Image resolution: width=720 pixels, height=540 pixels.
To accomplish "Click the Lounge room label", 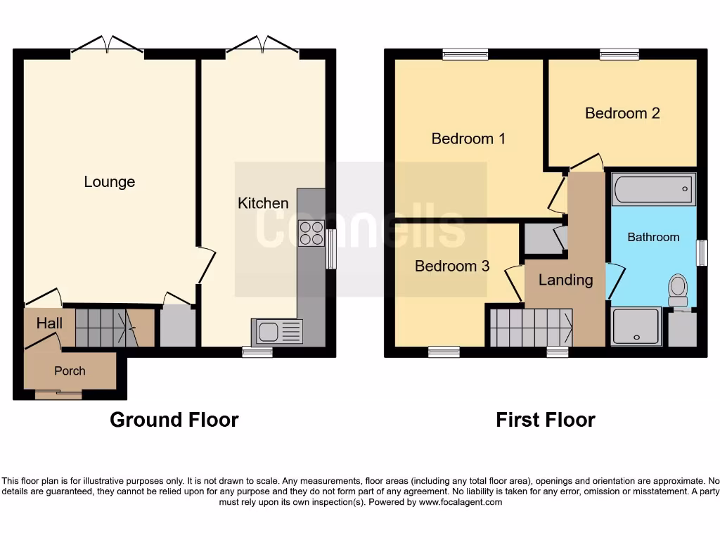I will click(x=109, y=181).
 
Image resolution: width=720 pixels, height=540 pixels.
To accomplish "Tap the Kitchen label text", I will click(x=263, y=203).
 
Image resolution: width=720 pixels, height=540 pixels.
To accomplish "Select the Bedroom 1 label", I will click(x=468, y=139).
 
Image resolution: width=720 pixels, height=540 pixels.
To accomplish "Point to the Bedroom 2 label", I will click(x=622, y=113).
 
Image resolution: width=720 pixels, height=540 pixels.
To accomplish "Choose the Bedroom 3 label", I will click(x=451, y=266).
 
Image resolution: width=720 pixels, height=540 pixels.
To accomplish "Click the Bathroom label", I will click(x=653, y=237).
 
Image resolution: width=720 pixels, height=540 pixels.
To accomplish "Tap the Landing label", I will click(x=565, y=280).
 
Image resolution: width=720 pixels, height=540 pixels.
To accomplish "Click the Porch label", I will click(x=70, y=371).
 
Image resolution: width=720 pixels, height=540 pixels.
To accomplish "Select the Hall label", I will click(x=49, y=324).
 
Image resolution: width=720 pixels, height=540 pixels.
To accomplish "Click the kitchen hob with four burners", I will click(x=311, y=233).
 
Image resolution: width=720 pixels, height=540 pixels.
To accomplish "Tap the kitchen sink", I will click(x=277, y=332).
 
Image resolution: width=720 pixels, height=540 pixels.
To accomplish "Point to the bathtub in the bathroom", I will click(x=653, y=189).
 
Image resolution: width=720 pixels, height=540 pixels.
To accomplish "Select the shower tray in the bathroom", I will click(x=636, y=327).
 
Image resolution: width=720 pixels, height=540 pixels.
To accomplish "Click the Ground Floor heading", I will click(x=174, y=420).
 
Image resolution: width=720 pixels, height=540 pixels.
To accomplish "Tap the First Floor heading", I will click(x=545, y=420).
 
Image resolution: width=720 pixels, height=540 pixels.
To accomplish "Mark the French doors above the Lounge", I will click(x=107, y=46).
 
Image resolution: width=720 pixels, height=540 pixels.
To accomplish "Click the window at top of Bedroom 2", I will click(x=619, y=54).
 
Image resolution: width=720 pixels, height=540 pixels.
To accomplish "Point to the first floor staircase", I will click(x=530, y=328).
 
